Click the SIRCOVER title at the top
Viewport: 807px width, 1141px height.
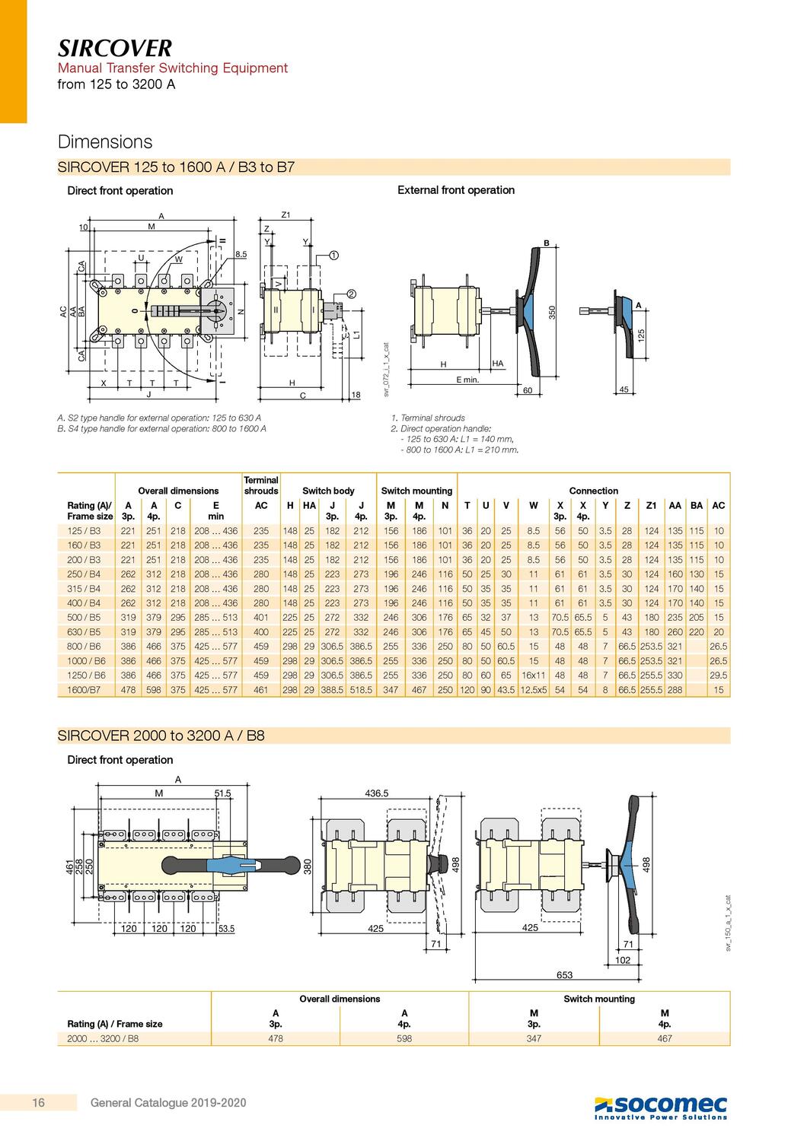coord(115,49)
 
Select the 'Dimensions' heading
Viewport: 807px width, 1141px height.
coord(105,142)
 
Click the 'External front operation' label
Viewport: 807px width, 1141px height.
coord(456,190)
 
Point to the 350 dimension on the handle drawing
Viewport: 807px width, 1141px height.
coord(553,311)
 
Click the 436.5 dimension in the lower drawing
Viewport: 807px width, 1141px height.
coord(376,793)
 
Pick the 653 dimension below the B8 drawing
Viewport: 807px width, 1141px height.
coord(564,974)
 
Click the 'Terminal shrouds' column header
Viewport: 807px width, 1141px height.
coord(261,485)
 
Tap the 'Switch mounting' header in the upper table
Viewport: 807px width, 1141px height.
coord(416,491)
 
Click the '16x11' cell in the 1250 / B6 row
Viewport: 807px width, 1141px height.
coord(533,675)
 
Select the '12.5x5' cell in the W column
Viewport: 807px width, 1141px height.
coord(533,690)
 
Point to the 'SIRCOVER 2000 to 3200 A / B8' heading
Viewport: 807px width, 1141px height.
coord(161,736)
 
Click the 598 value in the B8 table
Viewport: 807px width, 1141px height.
coord(404,1038)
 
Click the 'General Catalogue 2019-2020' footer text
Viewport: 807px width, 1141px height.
coord(168,1102)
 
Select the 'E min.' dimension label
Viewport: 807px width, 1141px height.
coord(467,379)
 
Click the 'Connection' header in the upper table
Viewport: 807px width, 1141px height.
coord(593,491)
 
